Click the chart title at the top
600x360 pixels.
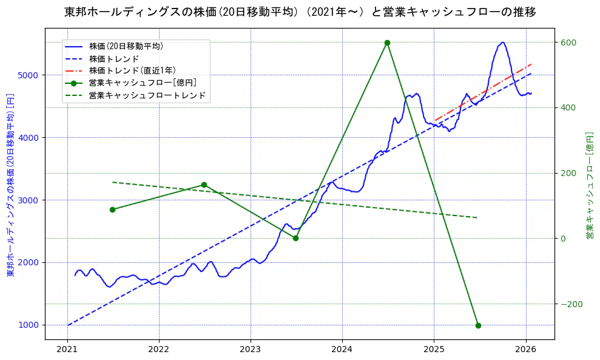tap(300, 12)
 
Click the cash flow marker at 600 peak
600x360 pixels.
tap(387, 42)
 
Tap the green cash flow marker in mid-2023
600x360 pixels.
tap(295, 238)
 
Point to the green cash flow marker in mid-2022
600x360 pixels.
tap(204, 185)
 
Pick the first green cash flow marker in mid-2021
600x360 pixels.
tap(112, 209)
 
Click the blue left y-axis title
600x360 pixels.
tap(10, 185)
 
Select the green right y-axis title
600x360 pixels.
tap(589, 185)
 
